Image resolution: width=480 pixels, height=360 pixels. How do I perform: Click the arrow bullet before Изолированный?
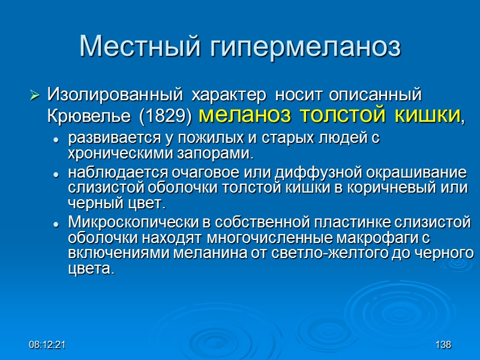pyautogui.click(x=35, y=95)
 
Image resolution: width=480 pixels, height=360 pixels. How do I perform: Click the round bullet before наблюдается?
pyautogui.click(x=56, y=173)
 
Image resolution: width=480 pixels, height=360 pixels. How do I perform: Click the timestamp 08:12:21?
pyautogui.click(x=48, y=346)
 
